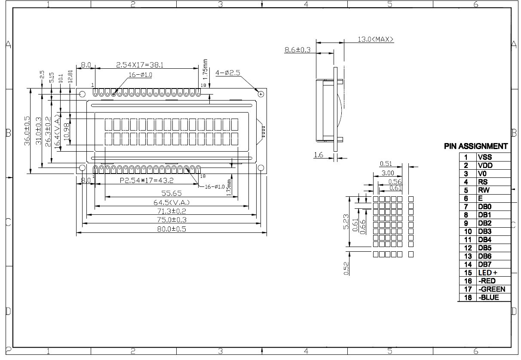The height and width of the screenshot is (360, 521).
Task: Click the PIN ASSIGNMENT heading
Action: point(476,146)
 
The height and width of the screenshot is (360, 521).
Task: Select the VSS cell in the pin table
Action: point(484,158)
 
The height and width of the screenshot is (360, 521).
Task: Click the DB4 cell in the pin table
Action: point(484,240)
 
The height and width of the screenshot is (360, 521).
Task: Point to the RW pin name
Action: point(483,190)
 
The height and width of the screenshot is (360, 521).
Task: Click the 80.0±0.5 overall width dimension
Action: point(172,229)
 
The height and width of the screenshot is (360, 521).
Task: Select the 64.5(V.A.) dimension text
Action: point(172,202)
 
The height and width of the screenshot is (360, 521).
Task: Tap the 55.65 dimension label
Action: point(171,193)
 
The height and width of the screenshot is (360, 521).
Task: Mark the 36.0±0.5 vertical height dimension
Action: point(27,131)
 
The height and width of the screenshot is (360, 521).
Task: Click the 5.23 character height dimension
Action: point(346,222)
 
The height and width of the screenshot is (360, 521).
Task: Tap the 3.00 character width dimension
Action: point(388,173)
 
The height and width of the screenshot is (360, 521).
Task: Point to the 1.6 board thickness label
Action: point(318,155)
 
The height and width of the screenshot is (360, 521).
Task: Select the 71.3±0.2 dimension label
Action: point(172,211)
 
